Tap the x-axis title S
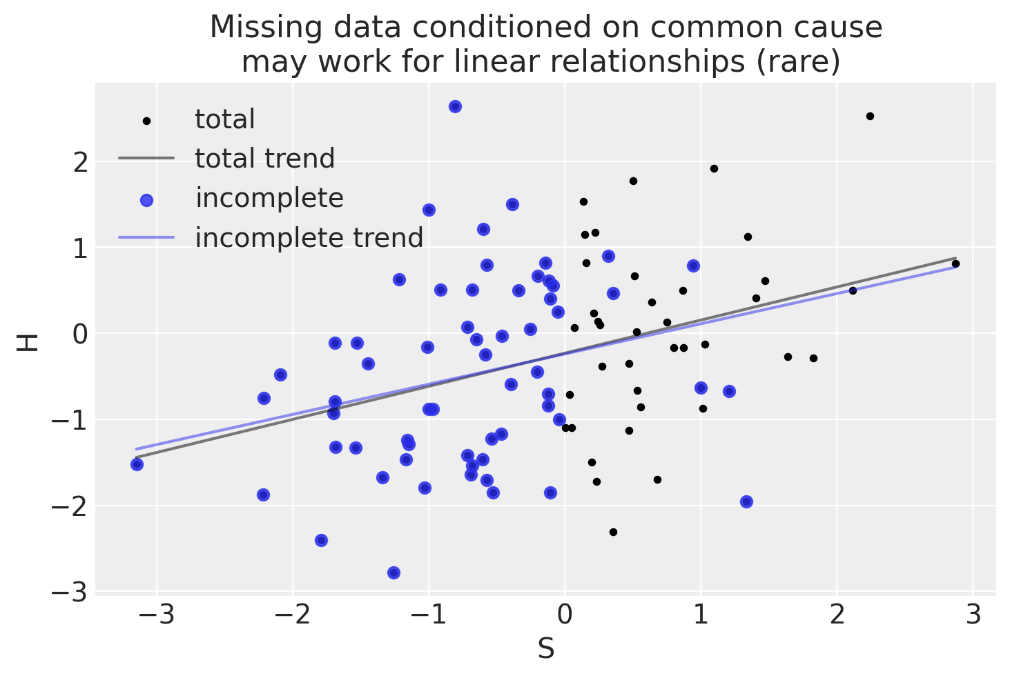[545, 649]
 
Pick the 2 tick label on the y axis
[81, 163]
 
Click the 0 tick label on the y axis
[81, 335]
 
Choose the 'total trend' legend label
[264, 159]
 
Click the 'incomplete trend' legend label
[309, 238]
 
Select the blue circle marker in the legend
[146, 200]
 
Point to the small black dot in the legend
[146, 121]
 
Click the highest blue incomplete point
[455, 106]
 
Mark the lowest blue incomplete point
[394, 572]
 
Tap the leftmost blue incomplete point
[137, 464]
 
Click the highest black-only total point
[870, 116]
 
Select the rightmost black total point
[955, 263]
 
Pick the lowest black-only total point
[613, 532]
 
